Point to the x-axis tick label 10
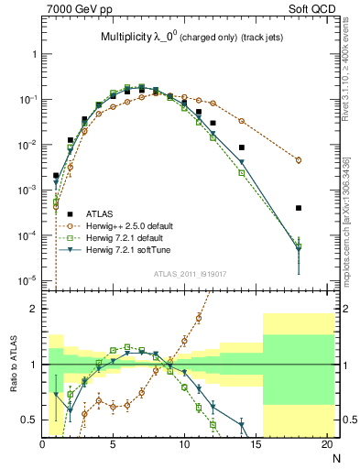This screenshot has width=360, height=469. tap(184, 446)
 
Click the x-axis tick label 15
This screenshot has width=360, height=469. tap(256, 446)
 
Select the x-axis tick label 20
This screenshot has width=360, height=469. tap(326, 446)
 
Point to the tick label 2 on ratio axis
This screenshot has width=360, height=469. tap(34, 309)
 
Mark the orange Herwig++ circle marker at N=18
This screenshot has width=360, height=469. tap(299, 159)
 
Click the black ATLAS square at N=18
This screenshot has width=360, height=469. tap(299, 208)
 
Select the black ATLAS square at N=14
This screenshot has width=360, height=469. tap(242, 147)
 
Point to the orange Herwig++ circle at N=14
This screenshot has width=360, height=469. tap(242, 121)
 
